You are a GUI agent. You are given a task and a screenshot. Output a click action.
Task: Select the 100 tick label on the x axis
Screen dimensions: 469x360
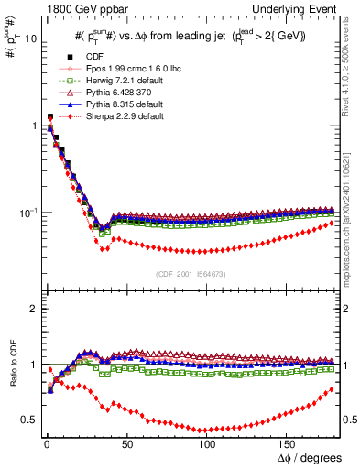click(207, 444)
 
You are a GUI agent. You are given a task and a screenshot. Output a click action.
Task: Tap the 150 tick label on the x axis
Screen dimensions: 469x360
click(287, 444)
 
